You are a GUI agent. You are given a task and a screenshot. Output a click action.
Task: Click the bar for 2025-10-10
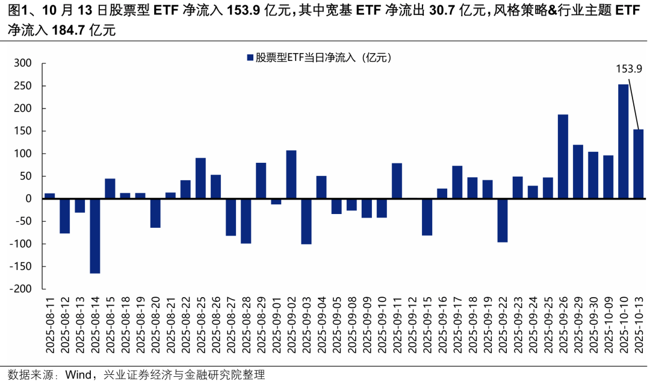click(x=624, y=142)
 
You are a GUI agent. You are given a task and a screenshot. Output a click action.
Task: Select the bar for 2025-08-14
click(x=95, y=236)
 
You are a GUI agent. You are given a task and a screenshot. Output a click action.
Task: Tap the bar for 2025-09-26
click(x=563, y=156)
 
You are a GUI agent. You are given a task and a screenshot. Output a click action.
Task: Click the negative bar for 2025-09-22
click(x=503, y=220)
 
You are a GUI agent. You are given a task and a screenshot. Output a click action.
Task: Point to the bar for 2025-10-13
click(x=639, y=164)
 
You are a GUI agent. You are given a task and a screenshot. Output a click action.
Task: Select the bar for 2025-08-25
click(x=200, y=178)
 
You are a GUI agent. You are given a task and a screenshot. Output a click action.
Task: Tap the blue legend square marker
click(x=249, y=58)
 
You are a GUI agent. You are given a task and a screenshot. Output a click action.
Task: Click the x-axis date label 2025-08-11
click(x=50, y=328)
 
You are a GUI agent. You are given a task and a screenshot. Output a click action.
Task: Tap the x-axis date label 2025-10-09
click(x=608, y=328)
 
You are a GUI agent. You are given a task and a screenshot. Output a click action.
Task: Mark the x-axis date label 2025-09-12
click(x=412, y=328)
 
